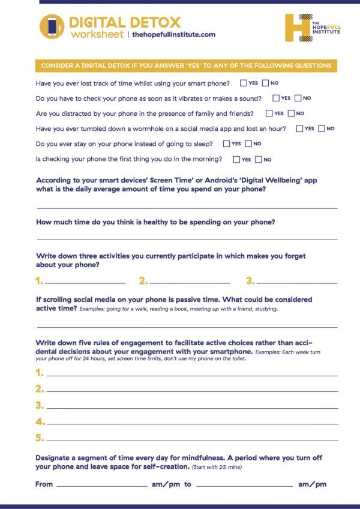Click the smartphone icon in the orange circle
(52, 27)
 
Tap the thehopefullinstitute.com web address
(173, 35)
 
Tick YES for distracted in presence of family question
(269, 113)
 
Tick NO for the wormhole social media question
(322, 128)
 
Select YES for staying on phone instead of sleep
(227, 144)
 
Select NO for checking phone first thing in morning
(259, 160)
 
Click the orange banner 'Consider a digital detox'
(186, 65)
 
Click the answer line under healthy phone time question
(187, 238)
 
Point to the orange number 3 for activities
(250, 280)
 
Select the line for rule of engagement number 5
(192, 440)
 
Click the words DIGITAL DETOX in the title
(125, 23)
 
